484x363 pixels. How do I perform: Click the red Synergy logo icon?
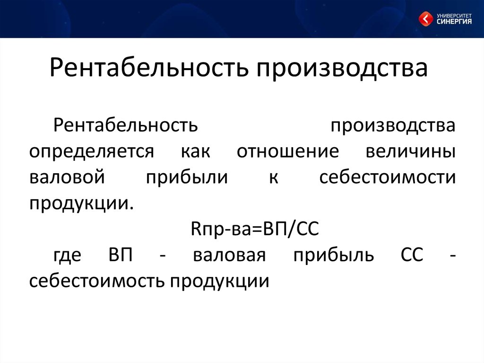pyautogui.click(x=426, y=19)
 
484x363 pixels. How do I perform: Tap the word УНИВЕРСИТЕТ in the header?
pyautogui.click(x=454, y=16)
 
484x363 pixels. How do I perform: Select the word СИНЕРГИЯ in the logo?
pyautogui.click(x=454, y=21)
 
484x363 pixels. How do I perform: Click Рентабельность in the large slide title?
pyautogui.click(x=149, y=67)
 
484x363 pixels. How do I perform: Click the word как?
pyautogui.click(x=195, y=151)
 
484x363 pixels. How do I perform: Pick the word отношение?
pyautogui.click(x=288, y=151)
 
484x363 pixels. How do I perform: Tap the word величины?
pyautogui.click(x=411, y=152)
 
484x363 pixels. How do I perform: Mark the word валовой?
pyautogui.click(x=67, y=177)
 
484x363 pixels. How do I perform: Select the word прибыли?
pyautogui.click(x=187, y=177)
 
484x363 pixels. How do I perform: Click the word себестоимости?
pyautogui.click(x=388, y=177)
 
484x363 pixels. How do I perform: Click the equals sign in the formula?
pyautogui.click(x=258, y=230)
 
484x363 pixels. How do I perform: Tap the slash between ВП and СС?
pyautogui.click(x=290, y=230)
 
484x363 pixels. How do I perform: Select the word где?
pyautogui.click(x=68, y=256)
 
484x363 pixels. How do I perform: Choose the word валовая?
pyautogui.click(x=229, y=256)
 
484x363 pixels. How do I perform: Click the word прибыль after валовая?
pyautogui.click(x=334, y=256)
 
